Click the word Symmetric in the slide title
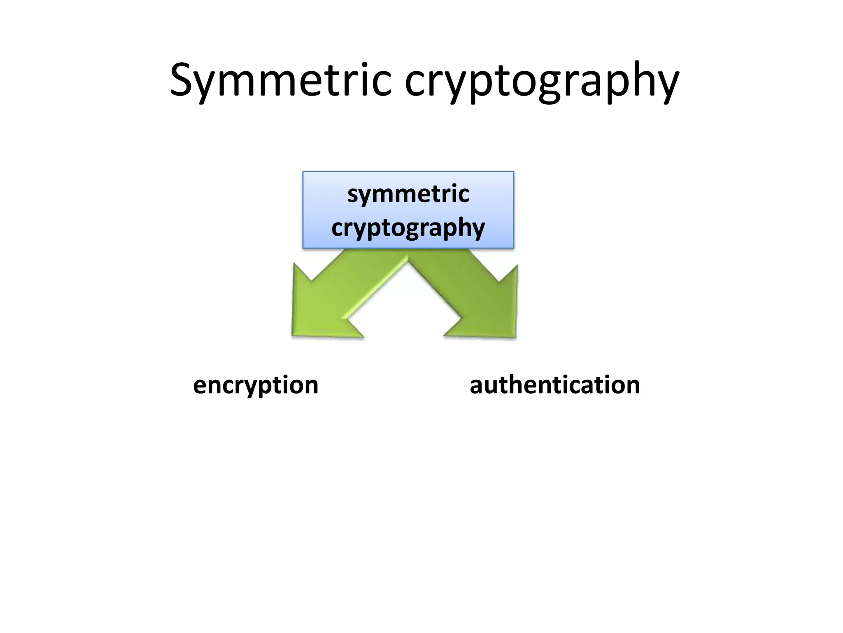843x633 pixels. tap(280, 80)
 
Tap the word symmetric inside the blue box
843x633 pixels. tap(408, 194)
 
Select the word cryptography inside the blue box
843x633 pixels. tap(408, 228)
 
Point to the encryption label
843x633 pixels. tap(256, 385)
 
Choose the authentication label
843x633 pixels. tap(554, 385)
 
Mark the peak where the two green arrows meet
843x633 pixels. tap(408, 258)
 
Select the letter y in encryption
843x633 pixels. tap(255, 389)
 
